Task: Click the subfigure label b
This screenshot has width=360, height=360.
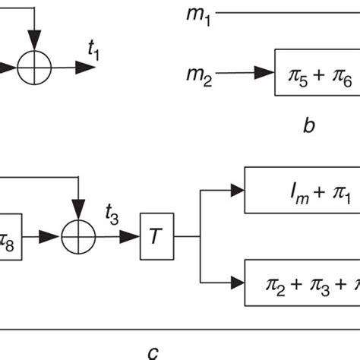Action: pyautogui.click(x=308, y=126)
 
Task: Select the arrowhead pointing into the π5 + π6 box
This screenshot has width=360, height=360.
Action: pyautogui.click(x=264, y=74)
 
